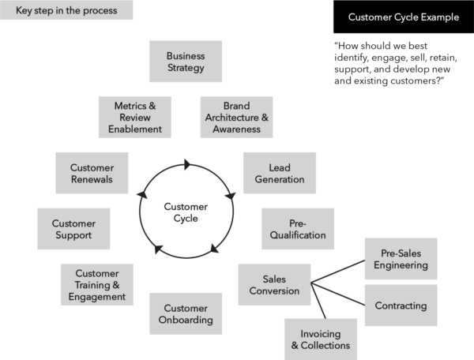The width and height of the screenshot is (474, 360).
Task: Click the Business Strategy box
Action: click(x=186, y=62)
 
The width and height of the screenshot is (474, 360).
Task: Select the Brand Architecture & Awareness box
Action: click(x=236, y=117)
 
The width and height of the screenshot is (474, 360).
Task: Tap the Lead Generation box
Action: click(x=280, y=174)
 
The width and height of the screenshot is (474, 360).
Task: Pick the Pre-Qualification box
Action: click(x=298, y=229)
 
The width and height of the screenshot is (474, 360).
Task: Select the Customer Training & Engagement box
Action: click(x=96, y=285)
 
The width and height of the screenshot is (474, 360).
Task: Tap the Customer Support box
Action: click(x=73, y=229)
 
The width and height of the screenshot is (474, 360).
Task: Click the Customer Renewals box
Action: click(x=92, y=174)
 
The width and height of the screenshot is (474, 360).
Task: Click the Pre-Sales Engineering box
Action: click(x=400, y=259)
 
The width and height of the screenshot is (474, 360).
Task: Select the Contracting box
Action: click(x=400, y=306)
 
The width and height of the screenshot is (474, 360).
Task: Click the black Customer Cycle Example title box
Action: click(x=403, y=17)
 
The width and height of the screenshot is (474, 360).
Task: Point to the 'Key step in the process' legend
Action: click(x=66, y=10)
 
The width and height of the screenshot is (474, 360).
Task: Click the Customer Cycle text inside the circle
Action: click(x=186, y=212)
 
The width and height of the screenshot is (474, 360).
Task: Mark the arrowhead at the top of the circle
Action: click(x=187, y=165)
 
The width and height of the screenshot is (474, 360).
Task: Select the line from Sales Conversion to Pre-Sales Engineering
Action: click(x=337, y=271)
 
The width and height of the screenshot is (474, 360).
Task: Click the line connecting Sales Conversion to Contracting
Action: click(x=337, y=292)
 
